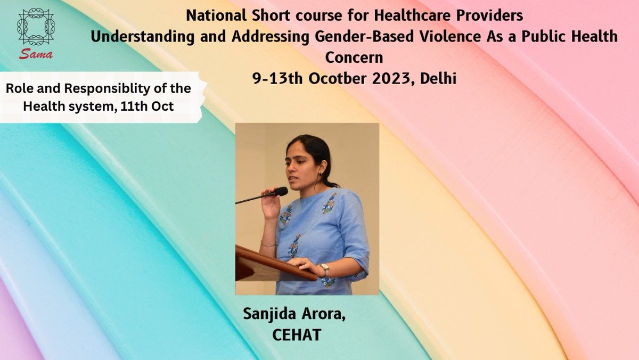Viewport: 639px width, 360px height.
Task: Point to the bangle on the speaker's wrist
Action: [268, 244]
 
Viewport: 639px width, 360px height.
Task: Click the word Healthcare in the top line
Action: [362, 17]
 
